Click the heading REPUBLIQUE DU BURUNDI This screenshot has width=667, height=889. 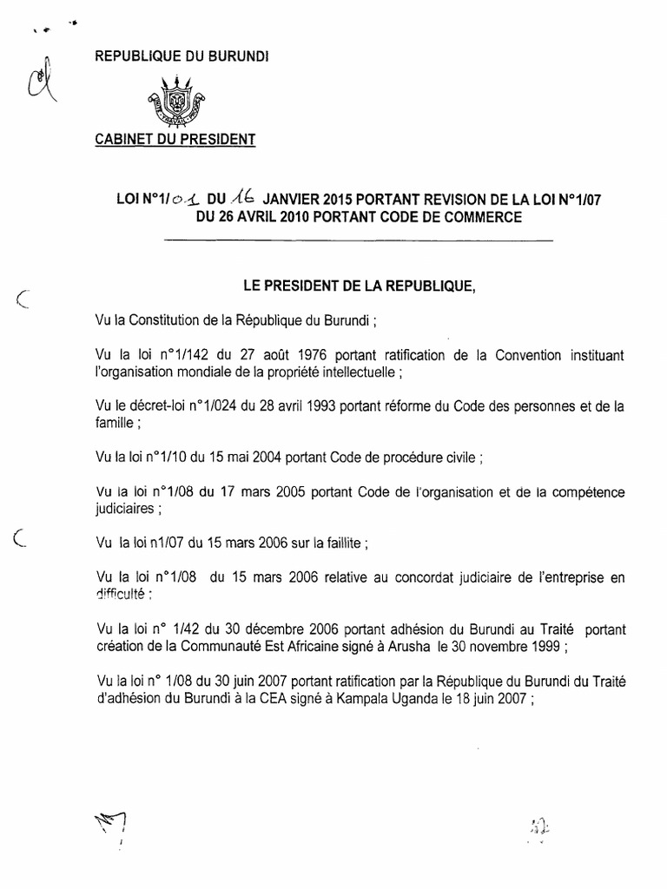click(x=182, y=56)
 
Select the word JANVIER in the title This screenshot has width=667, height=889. click(x=294, y=199)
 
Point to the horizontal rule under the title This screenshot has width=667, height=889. click(x=358, y=239)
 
